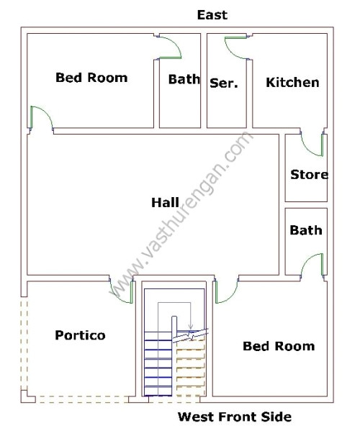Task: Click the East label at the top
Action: (212, 14)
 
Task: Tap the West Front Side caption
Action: (234, 416)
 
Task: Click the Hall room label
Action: (165, 203)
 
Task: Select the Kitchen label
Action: (292, 82)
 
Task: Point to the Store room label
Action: (309, 174)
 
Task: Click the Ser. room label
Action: (224, 83)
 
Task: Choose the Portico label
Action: (80, 335)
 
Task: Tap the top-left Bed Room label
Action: (91, 78)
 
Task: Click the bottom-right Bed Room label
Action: (279, 346)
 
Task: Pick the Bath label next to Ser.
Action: (184, 79)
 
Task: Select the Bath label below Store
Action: (306, 230)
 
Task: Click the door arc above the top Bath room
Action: (169, 47)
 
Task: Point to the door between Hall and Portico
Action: (122, 290)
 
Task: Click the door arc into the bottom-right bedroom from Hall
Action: (226, 291)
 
